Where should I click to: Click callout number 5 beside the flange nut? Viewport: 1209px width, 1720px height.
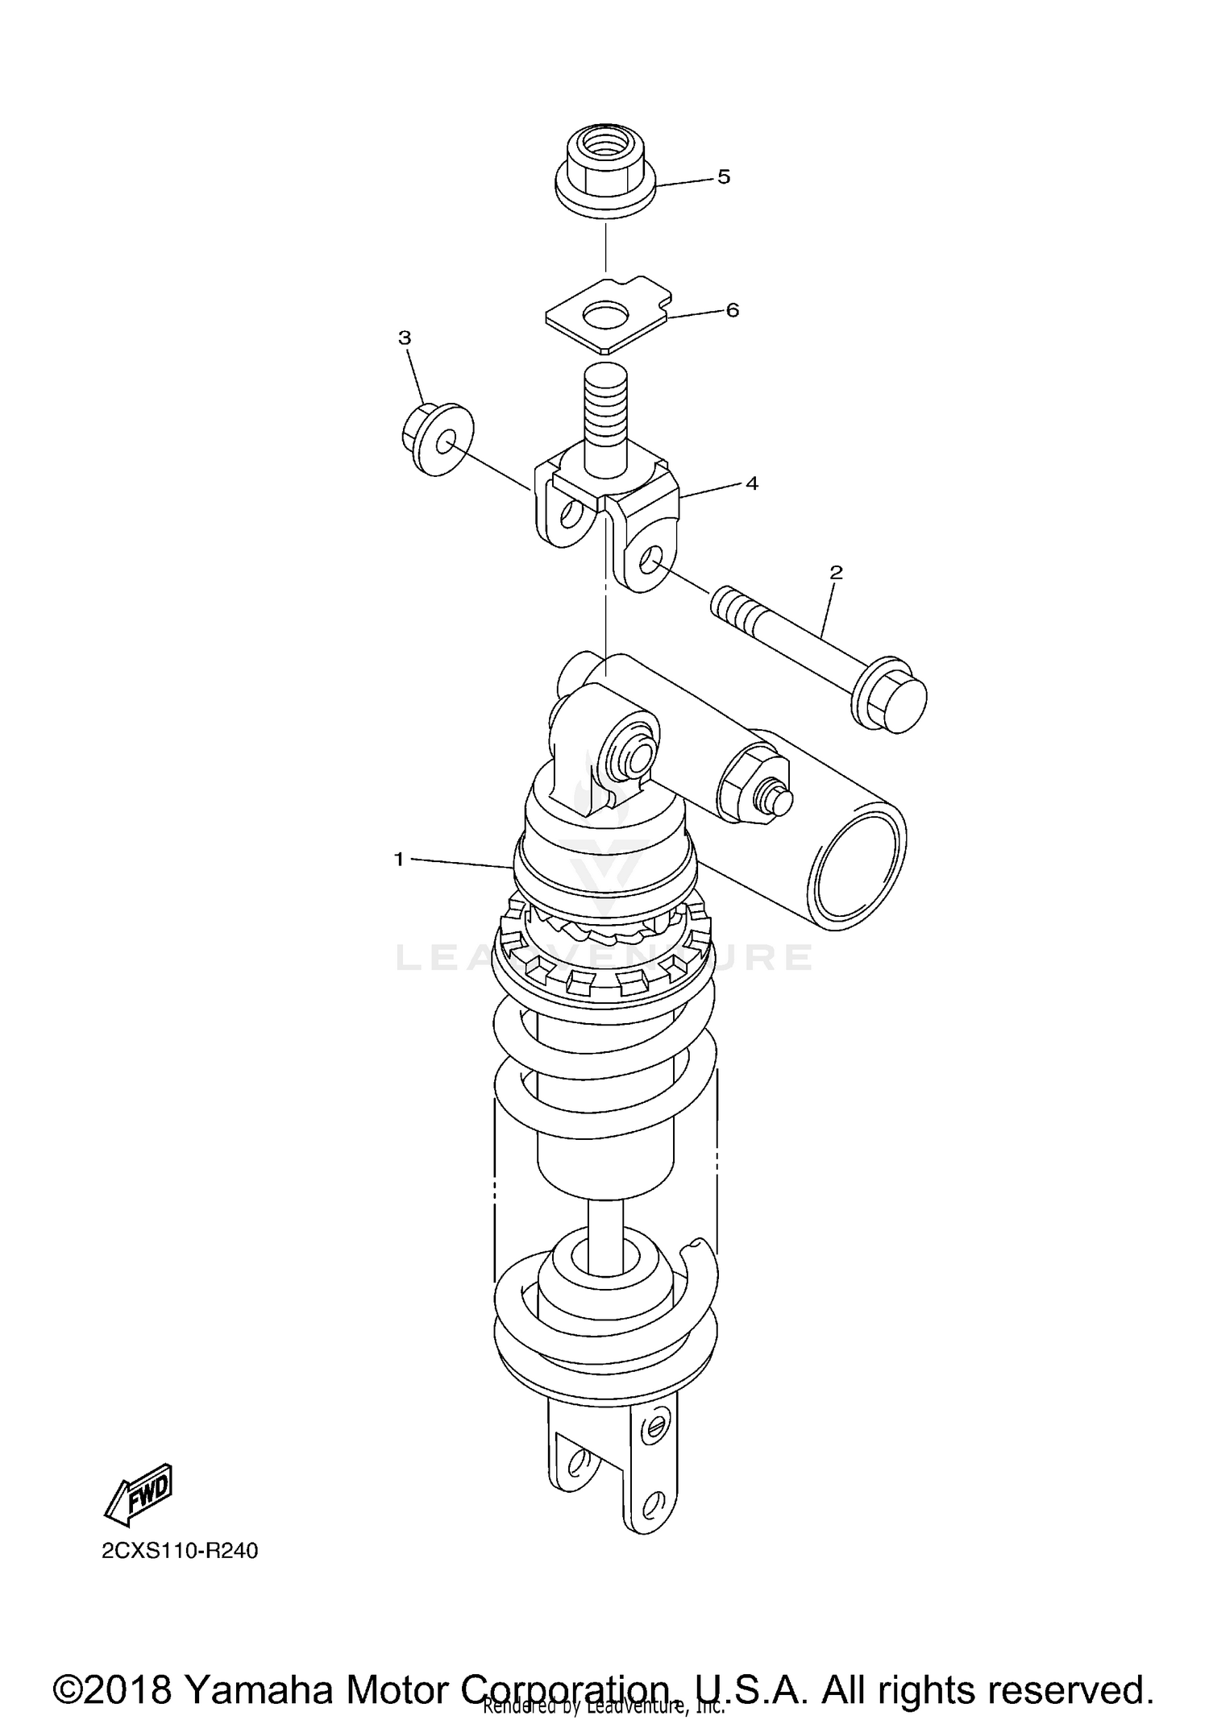point(723,177)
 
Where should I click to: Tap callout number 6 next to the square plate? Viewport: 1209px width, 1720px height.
point(732,311)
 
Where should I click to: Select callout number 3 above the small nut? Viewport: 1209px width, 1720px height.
point(405,338)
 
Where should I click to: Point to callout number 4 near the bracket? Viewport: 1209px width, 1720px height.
point(751,483)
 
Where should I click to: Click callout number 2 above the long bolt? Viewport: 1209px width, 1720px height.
point(836,573)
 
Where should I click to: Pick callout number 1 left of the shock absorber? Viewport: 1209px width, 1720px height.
point(398,860)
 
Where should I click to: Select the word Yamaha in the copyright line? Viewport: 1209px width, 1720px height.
point(259,1667)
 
